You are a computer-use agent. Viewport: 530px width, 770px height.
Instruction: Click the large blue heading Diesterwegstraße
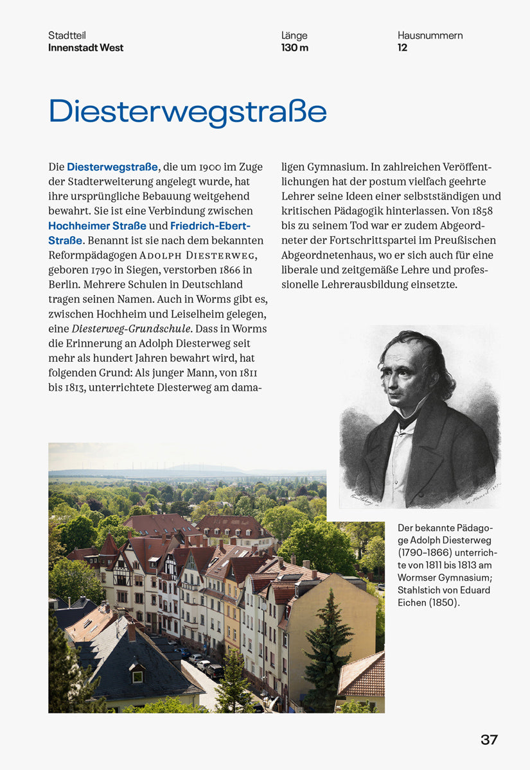pos(188,112)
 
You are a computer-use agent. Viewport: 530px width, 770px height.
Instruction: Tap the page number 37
pos(489,740)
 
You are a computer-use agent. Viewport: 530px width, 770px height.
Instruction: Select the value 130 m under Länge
pos(295,47)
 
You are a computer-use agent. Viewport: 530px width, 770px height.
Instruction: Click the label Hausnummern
pos(430,36)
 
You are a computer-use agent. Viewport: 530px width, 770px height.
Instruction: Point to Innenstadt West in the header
pos(85,47)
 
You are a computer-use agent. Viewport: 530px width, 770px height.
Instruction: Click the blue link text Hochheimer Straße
pos(98,226)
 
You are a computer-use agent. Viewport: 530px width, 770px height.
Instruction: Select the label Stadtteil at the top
pos(67,36)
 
